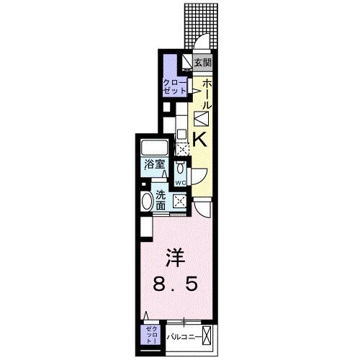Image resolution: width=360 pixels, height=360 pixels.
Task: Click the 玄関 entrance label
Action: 203,62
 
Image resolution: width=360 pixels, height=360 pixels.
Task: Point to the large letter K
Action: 202,140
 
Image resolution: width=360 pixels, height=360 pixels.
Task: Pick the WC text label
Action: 180,182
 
